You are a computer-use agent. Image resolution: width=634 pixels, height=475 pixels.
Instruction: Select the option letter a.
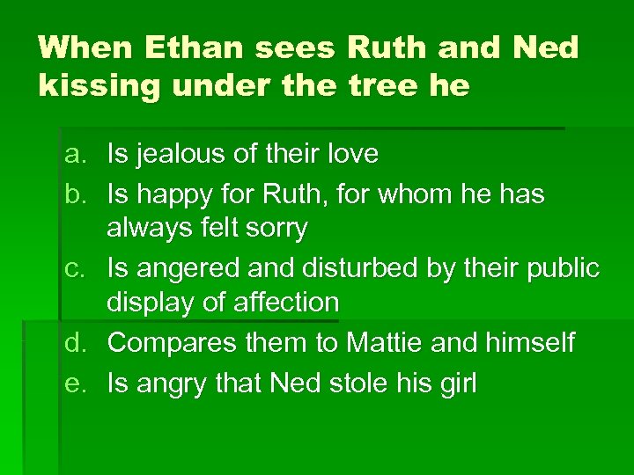74,155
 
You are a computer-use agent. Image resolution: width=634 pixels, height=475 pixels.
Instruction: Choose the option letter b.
74,192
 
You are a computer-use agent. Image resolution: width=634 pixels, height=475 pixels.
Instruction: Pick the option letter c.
74,267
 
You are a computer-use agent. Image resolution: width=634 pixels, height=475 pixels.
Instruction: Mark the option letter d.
74,341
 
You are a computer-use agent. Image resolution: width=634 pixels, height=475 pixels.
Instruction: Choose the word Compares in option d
166,341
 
